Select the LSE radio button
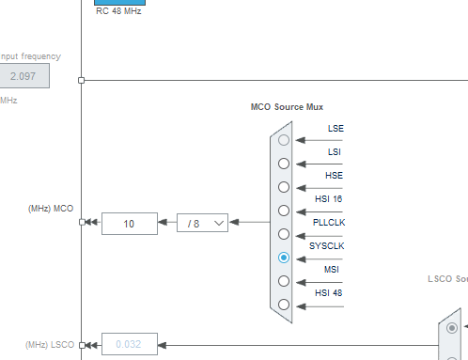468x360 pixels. pos(284,140)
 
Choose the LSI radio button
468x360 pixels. pos(284,164)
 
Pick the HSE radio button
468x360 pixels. pos(284,187)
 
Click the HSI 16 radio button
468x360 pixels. pos(284,211)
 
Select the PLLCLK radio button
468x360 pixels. pos(284,234)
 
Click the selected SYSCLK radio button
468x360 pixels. pos(284,258)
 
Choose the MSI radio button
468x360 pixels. pos(284,281)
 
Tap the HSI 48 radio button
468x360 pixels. pos(284,305)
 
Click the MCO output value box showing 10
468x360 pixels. pos(130,224)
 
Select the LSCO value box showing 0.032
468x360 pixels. pos(130,345)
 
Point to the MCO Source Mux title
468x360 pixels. pos(287,108)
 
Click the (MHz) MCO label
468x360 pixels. pos(51,208)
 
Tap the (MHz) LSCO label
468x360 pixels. pos(49,344)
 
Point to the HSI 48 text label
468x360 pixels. pos(330,292)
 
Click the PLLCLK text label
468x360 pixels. pos(329,222)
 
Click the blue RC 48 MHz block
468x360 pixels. pos(119,2)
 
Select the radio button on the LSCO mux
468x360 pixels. pos(452,328)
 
